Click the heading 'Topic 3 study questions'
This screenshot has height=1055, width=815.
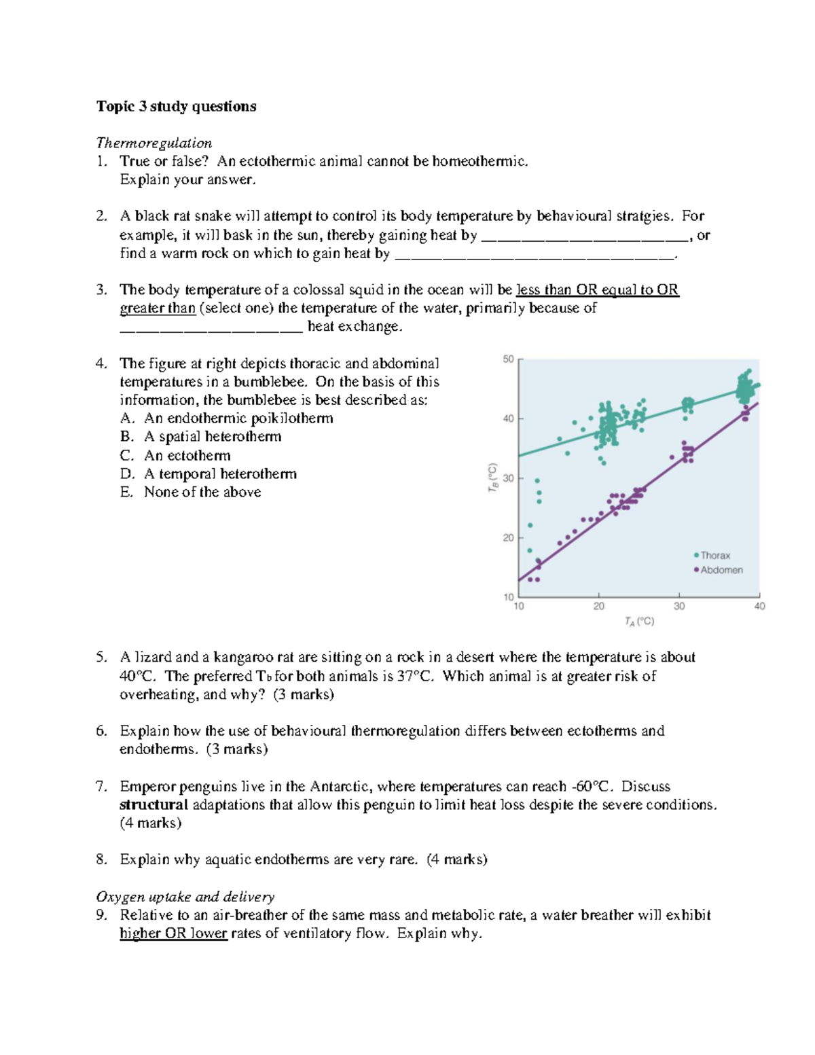(x=176, y=106)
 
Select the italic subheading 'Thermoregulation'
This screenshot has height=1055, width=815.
(x=153, y=143)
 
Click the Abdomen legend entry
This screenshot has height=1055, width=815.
(x=721, y=570)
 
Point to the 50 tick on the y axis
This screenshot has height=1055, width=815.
(x=508, y=359)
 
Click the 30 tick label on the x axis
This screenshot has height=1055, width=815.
(x=679, y=606)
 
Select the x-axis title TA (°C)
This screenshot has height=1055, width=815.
(x=639, y=621)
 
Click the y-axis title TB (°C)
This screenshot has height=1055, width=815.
(x=494, y=478)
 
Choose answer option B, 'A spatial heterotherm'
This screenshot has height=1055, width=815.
(x=212, y=437)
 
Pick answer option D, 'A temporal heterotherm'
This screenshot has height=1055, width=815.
(x=220, y=473)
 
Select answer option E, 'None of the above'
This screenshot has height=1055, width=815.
(x=202, y=492)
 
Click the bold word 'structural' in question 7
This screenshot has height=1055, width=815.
(x=153, y=805)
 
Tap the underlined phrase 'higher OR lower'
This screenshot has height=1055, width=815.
(x=173, y=933)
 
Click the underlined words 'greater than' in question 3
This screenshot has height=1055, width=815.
(x=158, y=308)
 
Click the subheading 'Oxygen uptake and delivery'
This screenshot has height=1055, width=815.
(x=185, y=897)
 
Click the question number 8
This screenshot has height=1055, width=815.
(x=101, y=859)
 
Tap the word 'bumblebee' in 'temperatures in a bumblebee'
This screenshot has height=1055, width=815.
(x=266, y=382)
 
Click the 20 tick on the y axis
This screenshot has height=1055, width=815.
(x=508, y=537)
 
